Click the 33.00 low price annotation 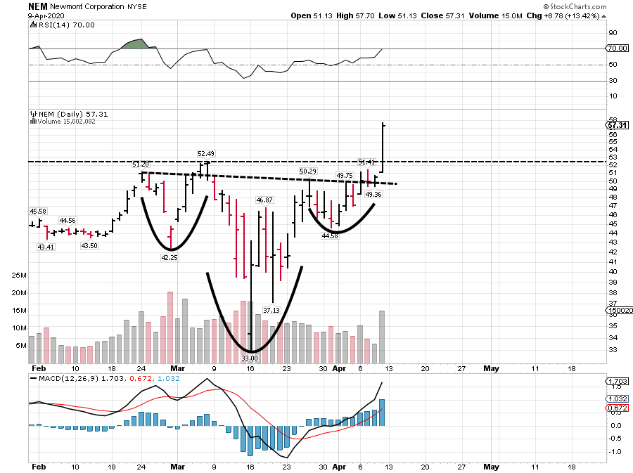pos(250,358)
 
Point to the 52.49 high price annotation pos(205,153)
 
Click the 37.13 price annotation pos(271,309)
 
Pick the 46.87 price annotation pos(264,200)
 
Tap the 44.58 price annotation pos(330,236)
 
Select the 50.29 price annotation pos(308,171)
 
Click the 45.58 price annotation pos(37,211)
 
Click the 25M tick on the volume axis pos(19,276)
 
